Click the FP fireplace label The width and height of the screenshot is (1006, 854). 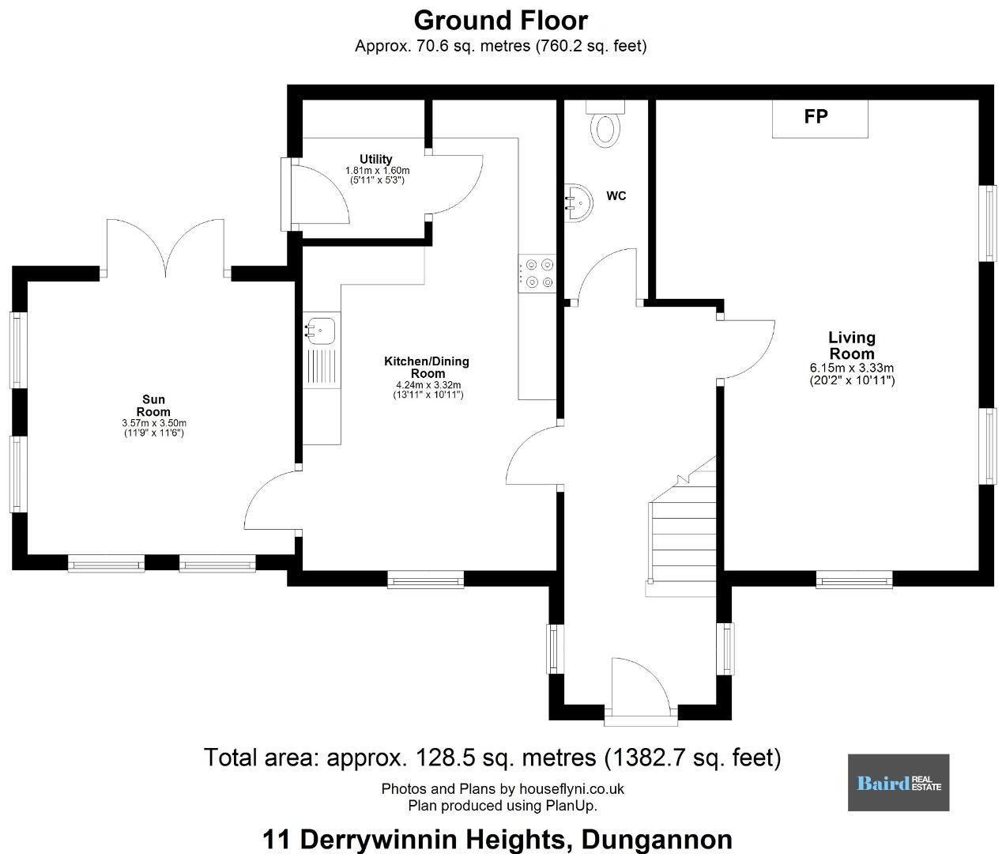click(x=816, y=116)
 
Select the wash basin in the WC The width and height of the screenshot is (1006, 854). click(x=578, y=203)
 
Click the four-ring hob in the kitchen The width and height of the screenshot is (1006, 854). click(x=537, y=273)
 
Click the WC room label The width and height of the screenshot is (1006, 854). click(x=616, y=196)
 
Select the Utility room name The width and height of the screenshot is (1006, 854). click(x=375, y=159)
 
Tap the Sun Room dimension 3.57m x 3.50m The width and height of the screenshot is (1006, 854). click(x=154, y=423)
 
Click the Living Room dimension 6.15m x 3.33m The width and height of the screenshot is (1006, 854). click(x=852, y=368)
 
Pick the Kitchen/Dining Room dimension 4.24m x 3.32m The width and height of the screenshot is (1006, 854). click(x=428, y=385)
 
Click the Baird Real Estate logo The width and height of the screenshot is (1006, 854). click(x=899, y=782)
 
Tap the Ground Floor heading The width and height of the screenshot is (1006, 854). click(x=501, y=21)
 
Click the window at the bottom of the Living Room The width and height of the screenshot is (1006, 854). click(x=854, y=580)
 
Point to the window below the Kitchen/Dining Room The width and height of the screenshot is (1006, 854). click(x=425, y=580)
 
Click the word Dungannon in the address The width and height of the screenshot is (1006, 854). click(x=657, y=839)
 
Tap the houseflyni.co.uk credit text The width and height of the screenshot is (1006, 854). click(x=571, y=788)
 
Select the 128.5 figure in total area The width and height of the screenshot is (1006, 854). click(x=445, y=758)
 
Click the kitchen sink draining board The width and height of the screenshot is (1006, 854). click(x=321, y=367)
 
